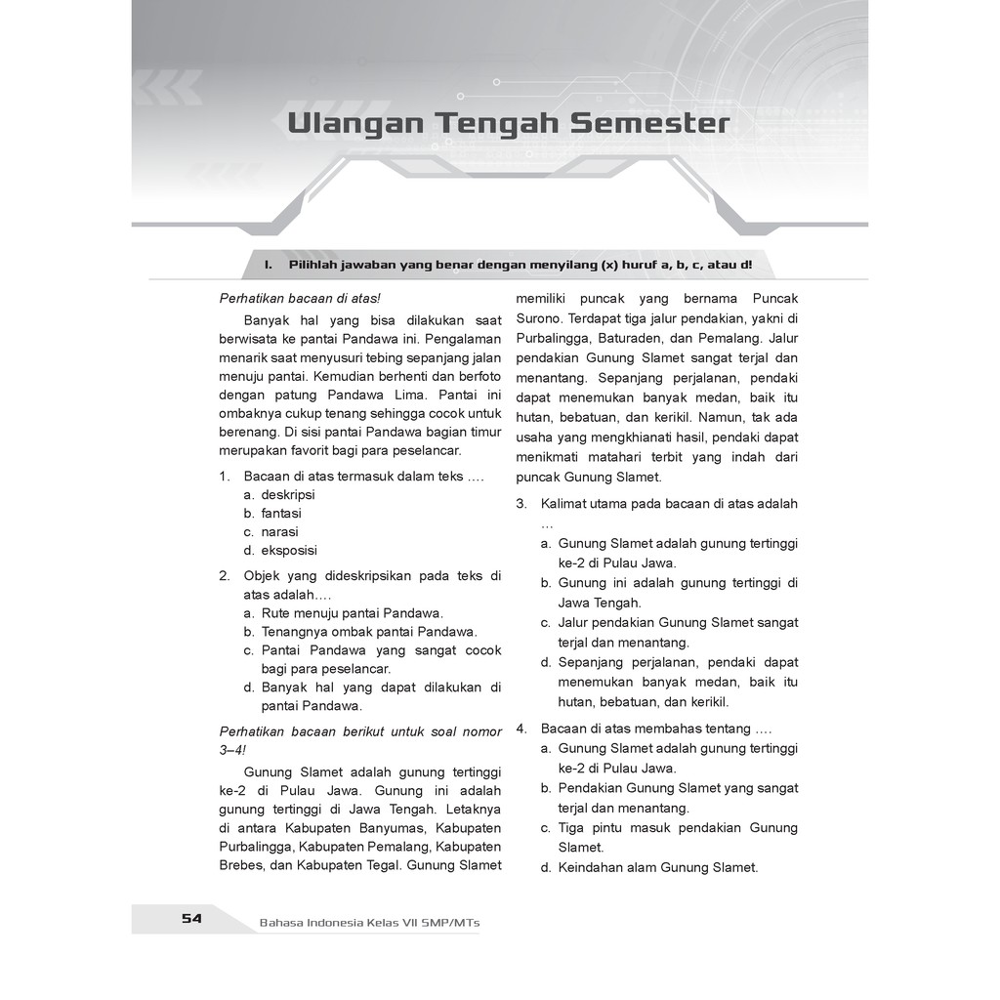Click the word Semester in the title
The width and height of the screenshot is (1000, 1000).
tap(649, 124)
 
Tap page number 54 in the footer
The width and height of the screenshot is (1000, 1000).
tap(191, 918)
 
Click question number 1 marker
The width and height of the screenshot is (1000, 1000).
tap(224, 476)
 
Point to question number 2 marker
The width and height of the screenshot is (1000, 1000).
tap(224, 575)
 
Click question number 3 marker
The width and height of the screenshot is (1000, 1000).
tap(521, 504)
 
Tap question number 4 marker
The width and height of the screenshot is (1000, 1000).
tap(521, 729)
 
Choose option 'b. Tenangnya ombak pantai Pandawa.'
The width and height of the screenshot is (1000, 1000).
tap(360, 632)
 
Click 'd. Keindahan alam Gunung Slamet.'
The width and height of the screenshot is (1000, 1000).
tap(648, 867)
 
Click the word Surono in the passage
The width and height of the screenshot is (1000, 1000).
tap(538, 317)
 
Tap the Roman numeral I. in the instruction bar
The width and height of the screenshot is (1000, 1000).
tap(268, 265)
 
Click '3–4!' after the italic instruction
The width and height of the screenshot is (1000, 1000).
tap(233, 750)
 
